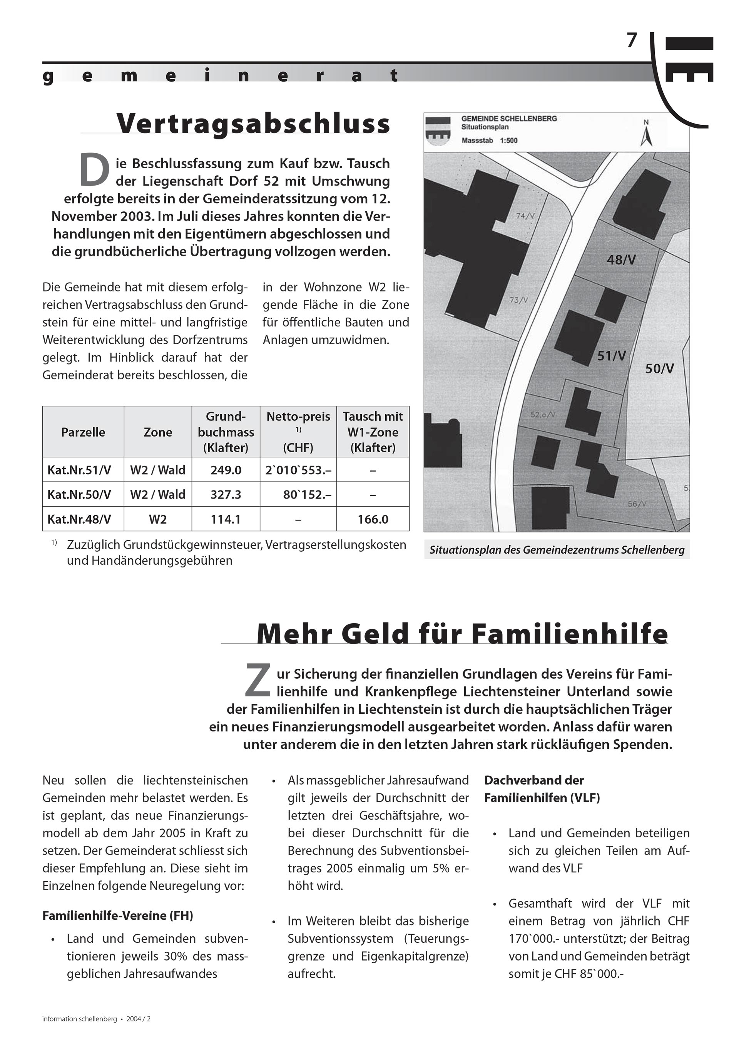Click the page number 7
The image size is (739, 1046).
(631, 41)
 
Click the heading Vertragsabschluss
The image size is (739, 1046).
(253, 124)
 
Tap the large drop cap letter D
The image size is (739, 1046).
(94, 171)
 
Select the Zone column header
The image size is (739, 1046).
(158, 432)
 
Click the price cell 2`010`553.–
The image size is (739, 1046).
(298, 470)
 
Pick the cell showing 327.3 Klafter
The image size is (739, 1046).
(226, 494)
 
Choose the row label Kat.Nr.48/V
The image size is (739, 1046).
(79, 519)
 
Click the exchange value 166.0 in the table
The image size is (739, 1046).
(373, 519)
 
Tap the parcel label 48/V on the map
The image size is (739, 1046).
(621, 260)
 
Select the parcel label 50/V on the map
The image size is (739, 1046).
(659, 368)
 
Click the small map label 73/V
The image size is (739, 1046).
(518, 300)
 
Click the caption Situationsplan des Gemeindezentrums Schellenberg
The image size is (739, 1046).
(557, 550)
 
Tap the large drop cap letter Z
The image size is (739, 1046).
(257, 681)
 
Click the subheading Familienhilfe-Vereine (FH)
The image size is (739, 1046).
(117, 915)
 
